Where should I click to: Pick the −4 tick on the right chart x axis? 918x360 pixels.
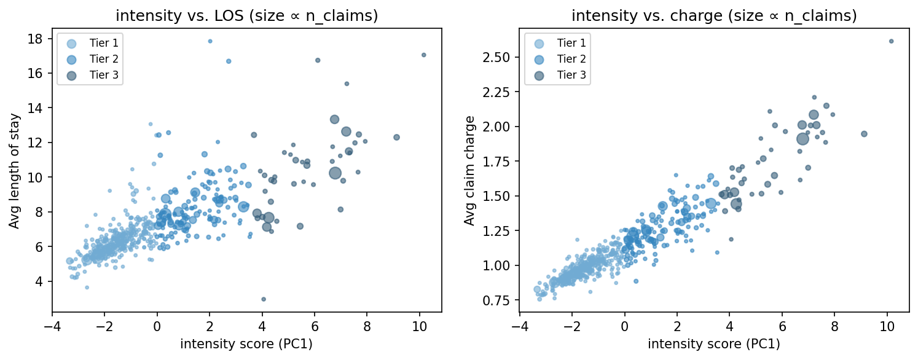(520, 326)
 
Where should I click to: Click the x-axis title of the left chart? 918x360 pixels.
(247, 344)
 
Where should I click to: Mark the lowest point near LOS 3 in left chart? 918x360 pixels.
(264, 299)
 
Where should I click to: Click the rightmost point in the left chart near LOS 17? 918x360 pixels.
(423, 55)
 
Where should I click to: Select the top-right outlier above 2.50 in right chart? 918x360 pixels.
(891, 41)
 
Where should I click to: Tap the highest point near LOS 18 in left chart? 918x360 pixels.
(210, 41)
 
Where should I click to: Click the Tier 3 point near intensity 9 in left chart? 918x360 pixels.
(396, 137)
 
